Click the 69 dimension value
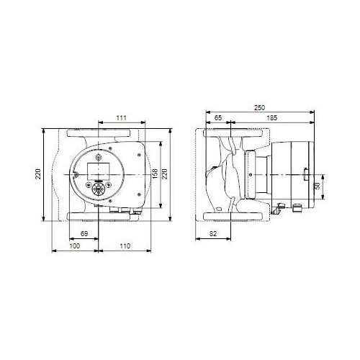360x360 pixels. click(x=84, y=235)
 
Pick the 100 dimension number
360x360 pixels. click(x=74, y=246)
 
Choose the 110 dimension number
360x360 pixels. click(x=124, y=246)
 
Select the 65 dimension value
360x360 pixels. click(x=218, y=117)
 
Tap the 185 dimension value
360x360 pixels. click(x=271, y=117)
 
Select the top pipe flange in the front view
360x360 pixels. click(x=98, y=133)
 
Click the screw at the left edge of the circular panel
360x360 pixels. click(x=73, y=175)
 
